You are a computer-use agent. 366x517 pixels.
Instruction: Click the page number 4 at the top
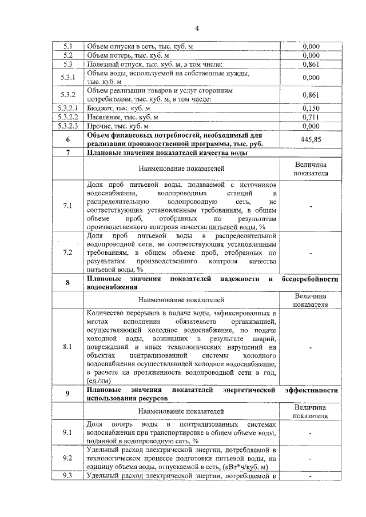pyautogui.click(x=196, y=28)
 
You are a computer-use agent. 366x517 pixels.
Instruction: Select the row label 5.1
pyautogui.click(x=67, y=46)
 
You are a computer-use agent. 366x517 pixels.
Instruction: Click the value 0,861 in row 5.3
pyautogui.click(x=310, y=65)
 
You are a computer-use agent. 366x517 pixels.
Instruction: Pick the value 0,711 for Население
pyautogui.click(x=310, y=117)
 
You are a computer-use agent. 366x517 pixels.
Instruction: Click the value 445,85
pyautogui.click(x=310, y=139)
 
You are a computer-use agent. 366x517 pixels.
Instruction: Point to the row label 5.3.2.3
pyautogui.click(x=67, y=126)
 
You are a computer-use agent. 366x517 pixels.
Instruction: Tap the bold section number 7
pyautogui.click(x=67, y=153)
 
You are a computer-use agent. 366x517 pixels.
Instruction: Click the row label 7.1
pyautogui.click(x=67, y=206)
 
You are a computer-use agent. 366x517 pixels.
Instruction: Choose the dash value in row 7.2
pyautogui.click(x=310, y=252)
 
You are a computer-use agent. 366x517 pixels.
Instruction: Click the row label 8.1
pyautogui.click(x=67, y=346)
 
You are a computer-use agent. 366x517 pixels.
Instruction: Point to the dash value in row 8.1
pyautogui.click(x=310, y=346)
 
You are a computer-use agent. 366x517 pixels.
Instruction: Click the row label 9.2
pyautogui.click(x=67, y=458)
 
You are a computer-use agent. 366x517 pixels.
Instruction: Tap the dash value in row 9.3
pyautogui.click(x=310, y=476)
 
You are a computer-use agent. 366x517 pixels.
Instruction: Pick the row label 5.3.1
pyautogui.click(x=67, y=78)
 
